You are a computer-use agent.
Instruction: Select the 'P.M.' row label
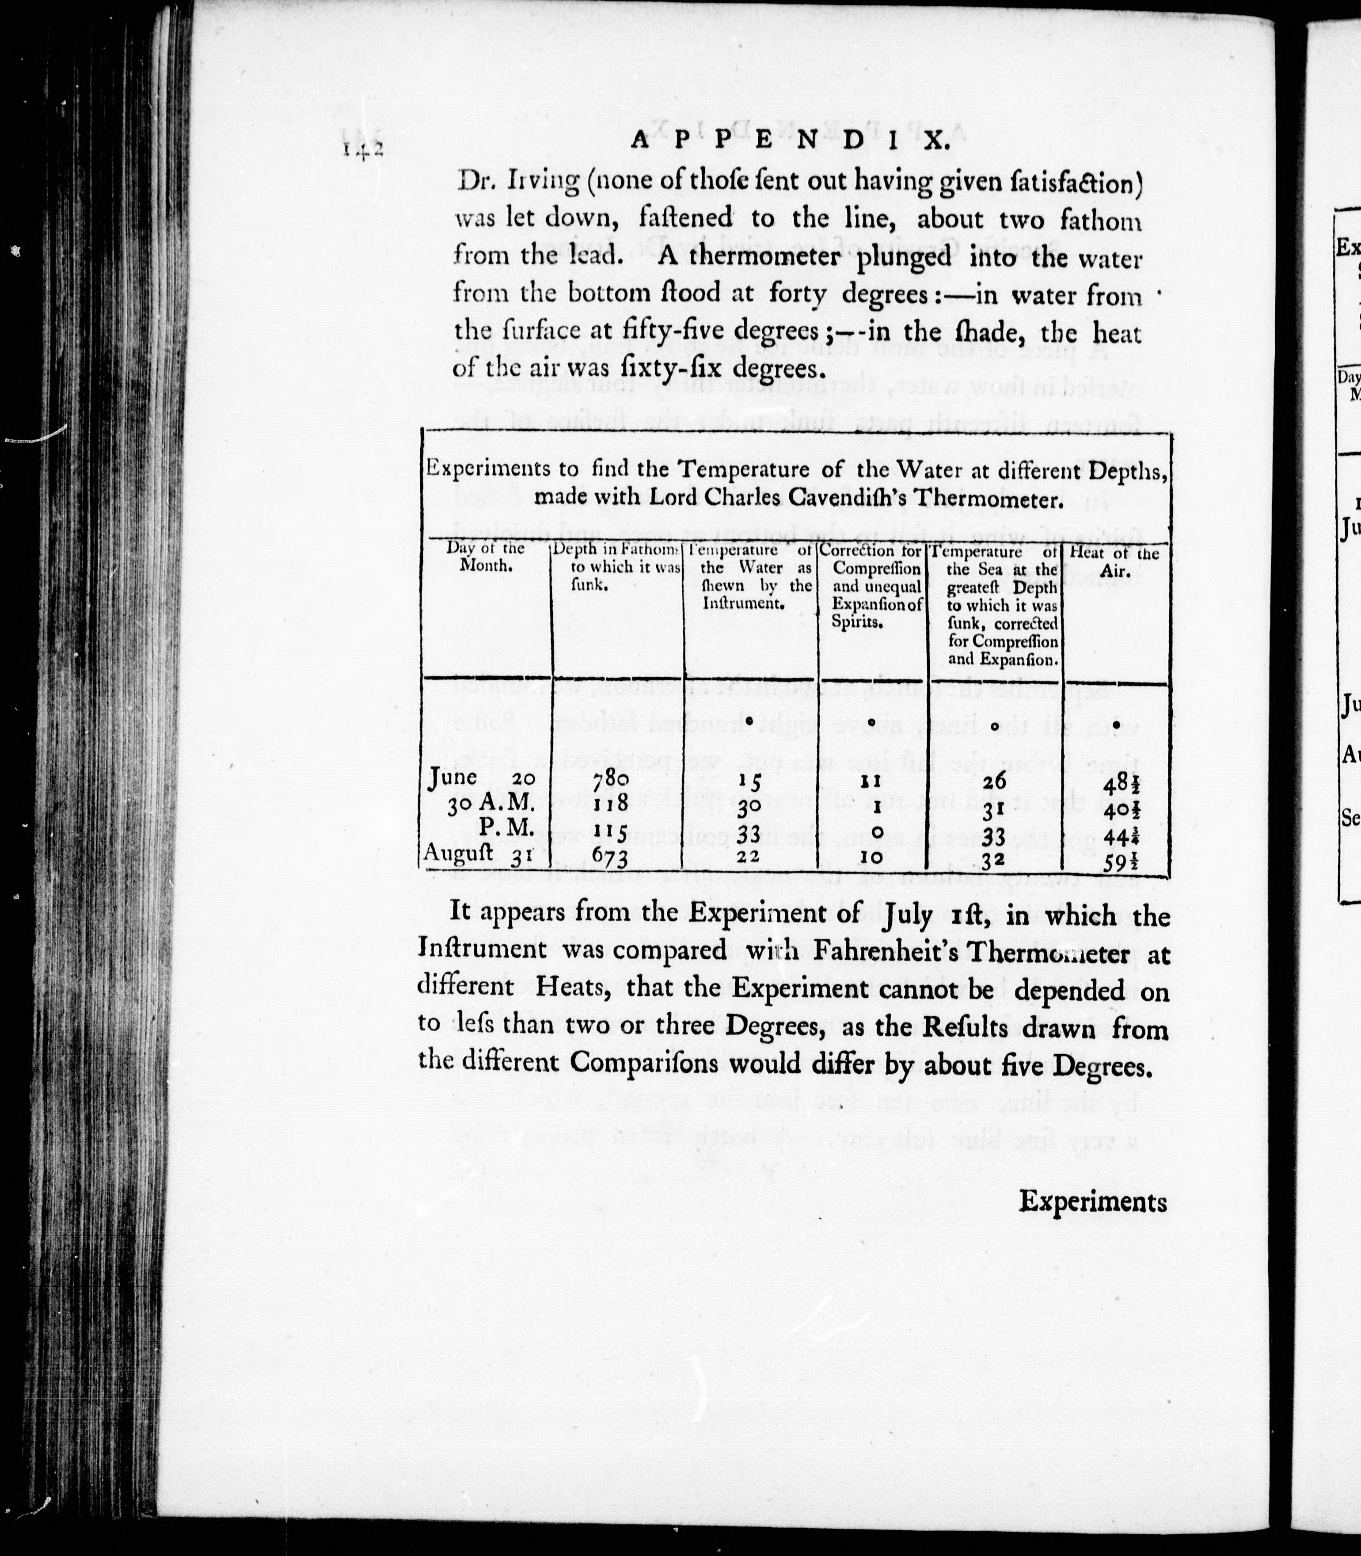(504, 828)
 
